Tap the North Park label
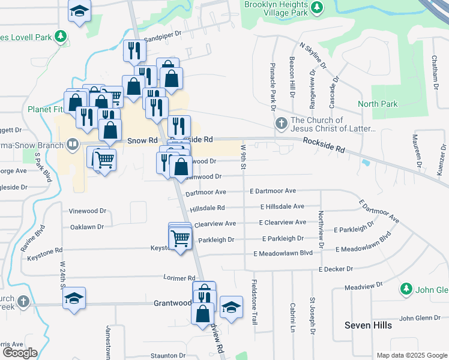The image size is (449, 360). coord(378,104)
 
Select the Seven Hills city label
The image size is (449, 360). coord(368,325)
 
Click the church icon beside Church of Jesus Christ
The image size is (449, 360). coord(281,124)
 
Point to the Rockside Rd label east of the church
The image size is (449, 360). coord(324,144)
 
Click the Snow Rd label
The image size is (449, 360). coord(142,140)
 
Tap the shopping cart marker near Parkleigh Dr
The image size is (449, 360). coord(181,239)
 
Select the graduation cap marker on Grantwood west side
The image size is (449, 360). coord(74,298)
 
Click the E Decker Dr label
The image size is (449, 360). coord(337,269)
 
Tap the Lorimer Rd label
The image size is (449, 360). coord(179,278)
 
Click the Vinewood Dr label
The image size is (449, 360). coord(88,211)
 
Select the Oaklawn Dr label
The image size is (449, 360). coord(87,227)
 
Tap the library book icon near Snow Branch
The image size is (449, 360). coord(73,144)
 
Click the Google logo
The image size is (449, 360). coord(19,353)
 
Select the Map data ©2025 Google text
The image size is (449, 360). coord(411,355)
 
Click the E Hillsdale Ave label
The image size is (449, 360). coord(282,206)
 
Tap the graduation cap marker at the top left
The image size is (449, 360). coord(79,11)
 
